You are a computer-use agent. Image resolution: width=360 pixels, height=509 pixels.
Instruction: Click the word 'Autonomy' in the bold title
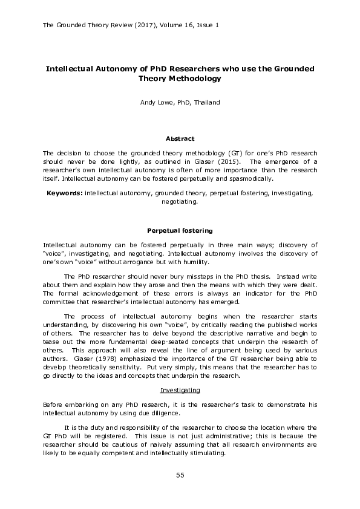click(x=115, y=69)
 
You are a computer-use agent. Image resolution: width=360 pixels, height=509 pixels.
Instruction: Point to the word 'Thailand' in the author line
click(x=207, y=103)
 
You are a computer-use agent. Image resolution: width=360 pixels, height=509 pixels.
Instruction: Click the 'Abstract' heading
click(x=180, y=139)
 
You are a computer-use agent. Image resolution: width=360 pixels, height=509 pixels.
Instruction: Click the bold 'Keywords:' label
click(x=65, y=193)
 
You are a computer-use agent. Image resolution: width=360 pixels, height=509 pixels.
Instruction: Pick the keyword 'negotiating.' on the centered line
click(x=180, y=203)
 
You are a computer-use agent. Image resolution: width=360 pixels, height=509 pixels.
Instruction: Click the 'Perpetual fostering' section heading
click(x=180, y=230)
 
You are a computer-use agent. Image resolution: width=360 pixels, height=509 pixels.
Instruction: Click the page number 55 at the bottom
click(x=180, y=476)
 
